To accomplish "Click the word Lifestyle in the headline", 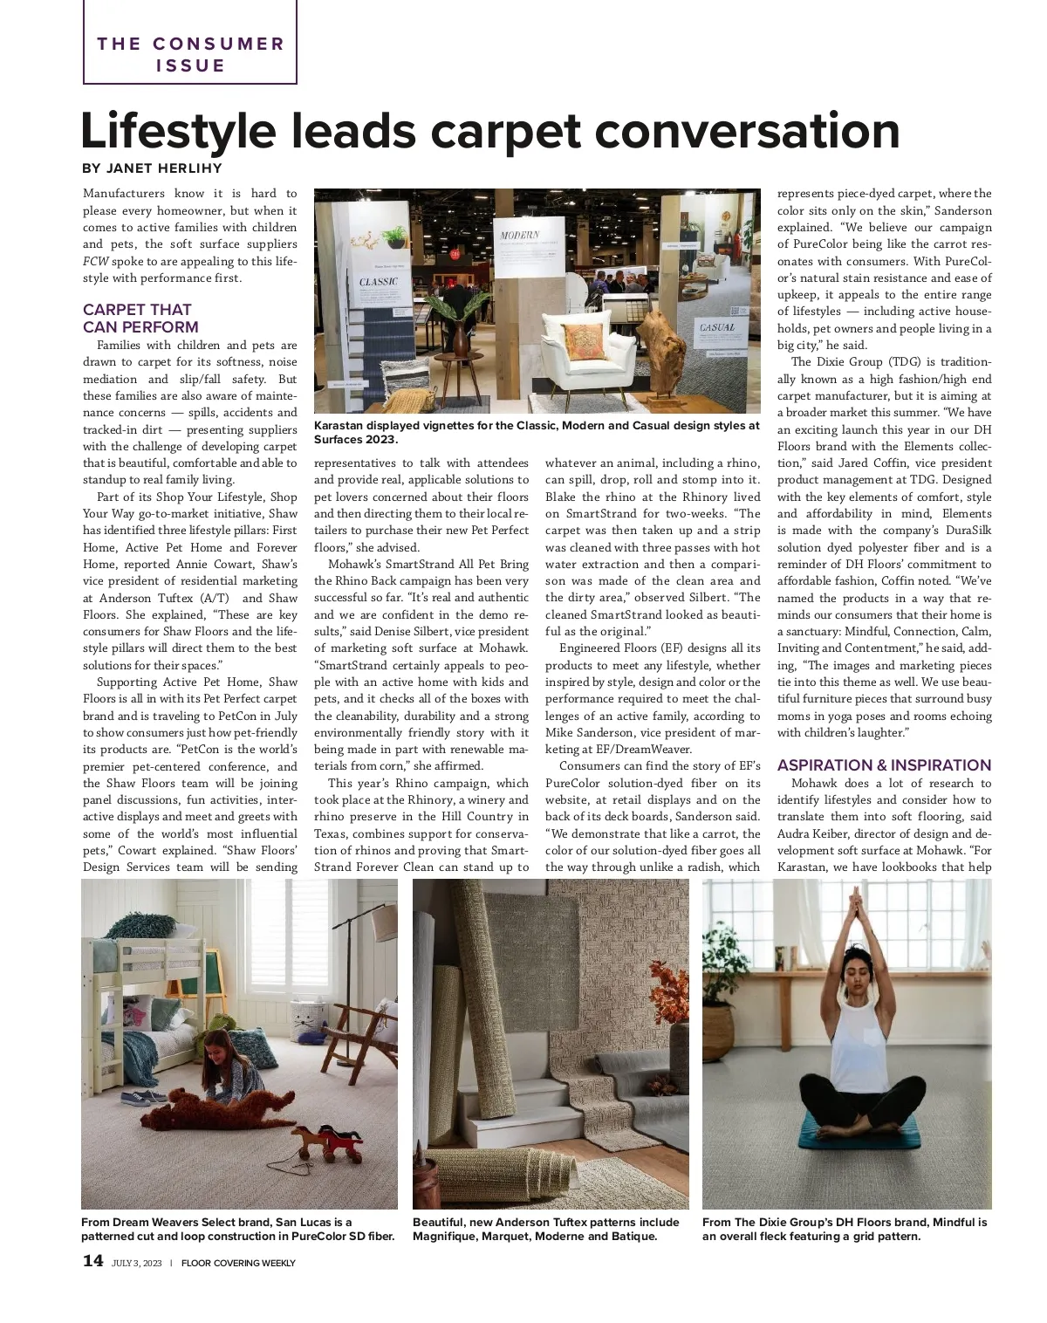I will [x=178, y=131].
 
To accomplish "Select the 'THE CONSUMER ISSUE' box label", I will [x=190, y=54].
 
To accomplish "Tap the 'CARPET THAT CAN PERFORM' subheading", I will [x=140, y=319].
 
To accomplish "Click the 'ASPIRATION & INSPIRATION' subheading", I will [x=884, y=765].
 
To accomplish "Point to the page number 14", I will [x=92, y=1261].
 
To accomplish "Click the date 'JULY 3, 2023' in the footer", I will [x=137, y=1263].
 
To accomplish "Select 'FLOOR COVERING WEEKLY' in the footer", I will [x=238, y=1263].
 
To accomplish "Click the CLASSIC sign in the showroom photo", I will [x=379, y=282].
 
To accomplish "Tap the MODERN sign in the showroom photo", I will [x=520, y=236].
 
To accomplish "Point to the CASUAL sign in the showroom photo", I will [x=717, y=328].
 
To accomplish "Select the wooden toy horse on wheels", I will [x=326, y=1143].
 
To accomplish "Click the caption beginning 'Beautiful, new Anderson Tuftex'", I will [x=545, y=1229].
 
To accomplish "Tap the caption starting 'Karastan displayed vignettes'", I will [x=537, y=432].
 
